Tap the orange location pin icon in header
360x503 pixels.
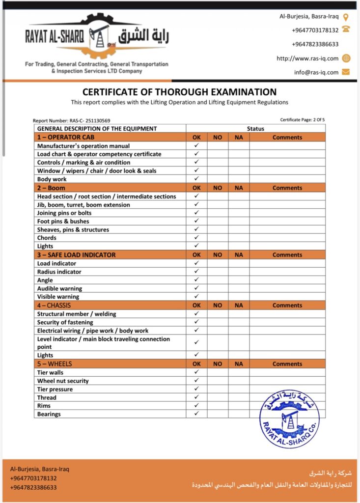pyautogui.click(x=346, y=17)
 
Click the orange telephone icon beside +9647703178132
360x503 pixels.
pyautogui.click(x=346, y=30)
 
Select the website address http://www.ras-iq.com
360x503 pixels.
pyautogui.click(x=307, y=58)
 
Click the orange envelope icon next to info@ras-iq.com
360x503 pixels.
pyautogui.click(x=346, y=72)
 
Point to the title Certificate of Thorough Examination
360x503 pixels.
pyautogui.click(x=179, y=92)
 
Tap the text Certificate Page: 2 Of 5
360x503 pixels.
pyautogui.click(x=302, y=120)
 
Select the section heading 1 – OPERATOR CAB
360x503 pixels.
pyautogui.click(x=66, y=138)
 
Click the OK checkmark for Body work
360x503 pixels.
pyautogui.click(x=196, y=179)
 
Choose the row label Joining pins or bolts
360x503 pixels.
pyautogui.click(x=64, y=213)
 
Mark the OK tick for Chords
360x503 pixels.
pyautogui.click(x=196, y=238)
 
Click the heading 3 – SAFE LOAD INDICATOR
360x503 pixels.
pyautogui.click(x=77, y=255)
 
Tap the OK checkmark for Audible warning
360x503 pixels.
pyautogui.click(x=196, y=288)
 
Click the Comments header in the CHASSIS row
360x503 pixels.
pyautogui.click(x=287, y=306)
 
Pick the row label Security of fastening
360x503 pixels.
pyautogui.click(x=65, y=322)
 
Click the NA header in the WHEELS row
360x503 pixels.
pyautogui.click(x=239, y=364)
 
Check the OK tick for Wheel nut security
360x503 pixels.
pyautogui.click(x=196, y=381)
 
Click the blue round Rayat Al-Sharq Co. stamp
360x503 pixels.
pyautogui.click(x=289, y=419)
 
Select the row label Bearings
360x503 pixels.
pyautogui.click(x=49, y=414)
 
